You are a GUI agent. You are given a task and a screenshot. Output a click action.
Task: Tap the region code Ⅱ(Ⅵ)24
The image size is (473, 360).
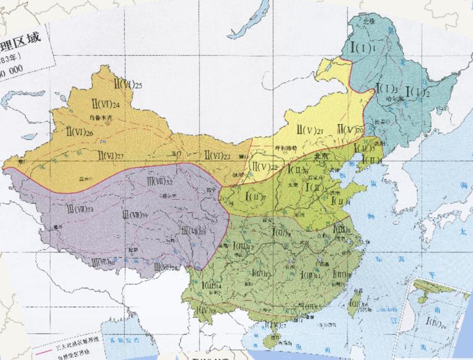click(x=107, y=104)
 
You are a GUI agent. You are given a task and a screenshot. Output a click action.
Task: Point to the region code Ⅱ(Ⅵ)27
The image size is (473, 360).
click(x=110, y=154)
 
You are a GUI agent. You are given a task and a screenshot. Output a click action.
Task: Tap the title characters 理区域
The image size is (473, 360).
click(x=22, y=40)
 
